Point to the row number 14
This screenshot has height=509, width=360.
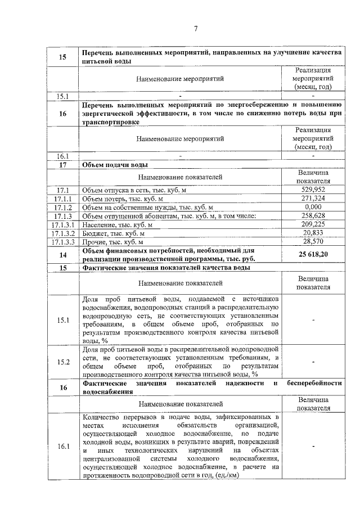pos(63,255)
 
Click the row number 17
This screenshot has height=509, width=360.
pos(63,165)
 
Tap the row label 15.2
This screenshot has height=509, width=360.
pos(63,362)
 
